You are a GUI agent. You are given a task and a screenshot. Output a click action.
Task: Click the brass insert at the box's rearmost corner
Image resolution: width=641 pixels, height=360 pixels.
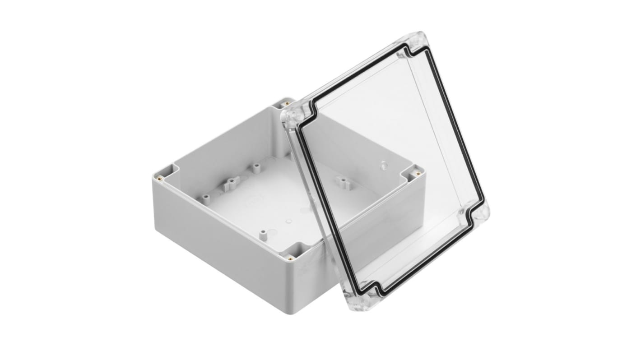(x=286, y=104)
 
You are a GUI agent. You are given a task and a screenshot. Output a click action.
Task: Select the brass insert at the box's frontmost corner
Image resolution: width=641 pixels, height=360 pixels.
(x=289, y=258)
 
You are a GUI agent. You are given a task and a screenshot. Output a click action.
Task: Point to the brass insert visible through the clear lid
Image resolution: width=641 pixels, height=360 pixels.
(x=418, y=173)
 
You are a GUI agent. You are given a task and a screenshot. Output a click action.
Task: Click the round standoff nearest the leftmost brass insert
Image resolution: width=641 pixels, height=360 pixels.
(x=205, y=197)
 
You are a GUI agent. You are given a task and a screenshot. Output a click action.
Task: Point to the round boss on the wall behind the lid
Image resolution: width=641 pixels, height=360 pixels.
(x=383, y=164)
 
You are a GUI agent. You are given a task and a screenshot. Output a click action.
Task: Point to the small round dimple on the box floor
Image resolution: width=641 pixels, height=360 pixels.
(x=289, y=221)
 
